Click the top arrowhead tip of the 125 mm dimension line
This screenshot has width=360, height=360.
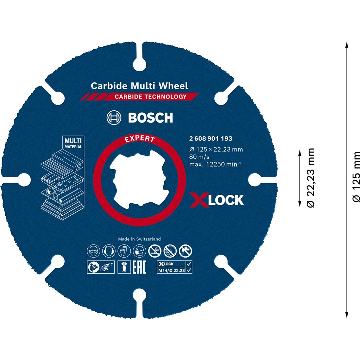pyautogui.click(x=347, y=42)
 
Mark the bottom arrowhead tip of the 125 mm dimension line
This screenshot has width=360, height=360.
pyautogui.click(x=347, y=318)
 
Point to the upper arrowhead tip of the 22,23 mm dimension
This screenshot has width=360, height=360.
pyautogui.click(x=299, y=151)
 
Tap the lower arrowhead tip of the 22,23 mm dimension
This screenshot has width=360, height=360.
pyautogui.click(x=299, y=207)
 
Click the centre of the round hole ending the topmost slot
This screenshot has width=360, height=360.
pyautogui.click(x=140, y=65)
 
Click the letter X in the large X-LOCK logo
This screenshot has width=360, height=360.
pyautogui.click(x=199, y=200)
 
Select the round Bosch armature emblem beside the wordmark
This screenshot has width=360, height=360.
pyautogui.click(x=114, y=117)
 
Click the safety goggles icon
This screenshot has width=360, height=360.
pyautogui.click(x=94, y=251)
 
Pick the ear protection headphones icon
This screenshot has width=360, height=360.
pyautogui.click(x=109, y=251)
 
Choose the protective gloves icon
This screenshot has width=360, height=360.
pyautogui.click(x=124, y=251)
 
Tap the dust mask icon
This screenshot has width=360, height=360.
pyautogui.click(x=139, y=251)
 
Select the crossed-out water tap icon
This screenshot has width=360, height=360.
pyautogui.click(x=186, y=251)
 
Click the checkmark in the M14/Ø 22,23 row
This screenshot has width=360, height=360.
pyautogui.click(x=189, y=270)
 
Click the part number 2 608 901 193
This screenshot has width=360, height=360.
pyautogui.click(x=211, y=138)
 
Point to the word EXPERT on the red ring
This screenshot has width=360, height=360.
pyautogui.click(x=140, y=138)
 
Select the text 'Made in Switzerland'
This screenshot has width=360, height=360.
pyautogui.click(x=139, y=239)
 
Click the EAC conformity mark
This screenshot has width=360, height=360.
pyautogui.click(x=139, y=267)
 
